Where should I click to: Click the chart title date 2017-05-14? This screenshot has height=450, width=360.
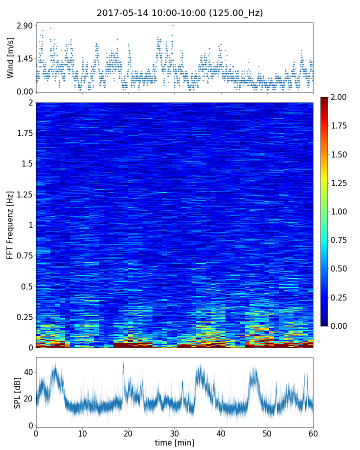[x=120, y=13]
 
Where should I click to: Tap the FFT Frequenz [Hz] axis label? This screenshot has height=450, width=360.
[x=10, y=225]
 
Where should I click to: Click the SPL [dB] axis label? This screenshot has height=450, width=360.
[x=17, y=392]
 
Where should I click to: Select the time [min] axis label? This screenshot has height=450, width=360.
[x=174, y=442]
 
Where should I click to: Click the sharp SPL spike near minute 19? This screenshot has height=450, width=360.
[x=123, y=362]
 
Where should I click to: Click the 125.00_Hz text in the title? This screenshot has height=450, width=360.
[x=237, y=13]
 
